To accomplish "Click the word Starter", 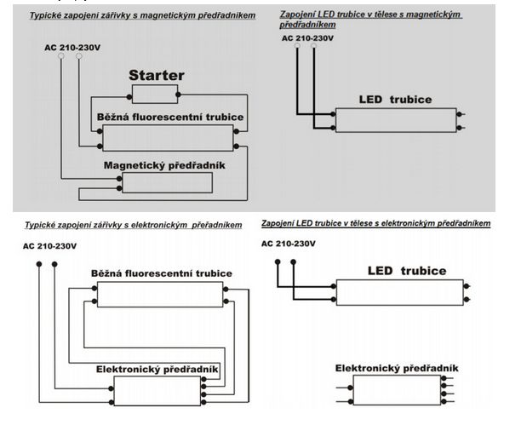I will [156, 76].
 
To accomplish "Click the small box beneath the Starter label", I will [155, 94].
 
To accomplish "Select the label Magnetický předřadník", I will [164, 164].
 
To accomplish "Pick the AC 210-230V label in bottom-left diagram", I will [50, 246].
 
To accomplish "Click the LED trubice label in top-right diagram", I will [397, 100].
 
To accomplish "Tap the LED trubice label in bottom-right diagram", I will [406, 271].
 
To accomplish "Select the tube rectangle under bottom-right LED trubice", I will [400, 293].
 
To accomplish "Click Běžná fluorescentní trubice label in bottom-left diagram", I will [162, 273].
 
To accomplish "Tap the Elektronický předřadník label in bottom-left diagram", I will [157, 369].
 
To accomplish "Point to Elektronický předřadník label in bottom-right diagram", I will [397, 368].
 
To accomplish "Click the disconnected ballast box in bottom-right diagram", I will [397, 390].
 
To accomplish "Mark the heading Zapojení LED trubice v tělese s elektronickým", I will [375, 222].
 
